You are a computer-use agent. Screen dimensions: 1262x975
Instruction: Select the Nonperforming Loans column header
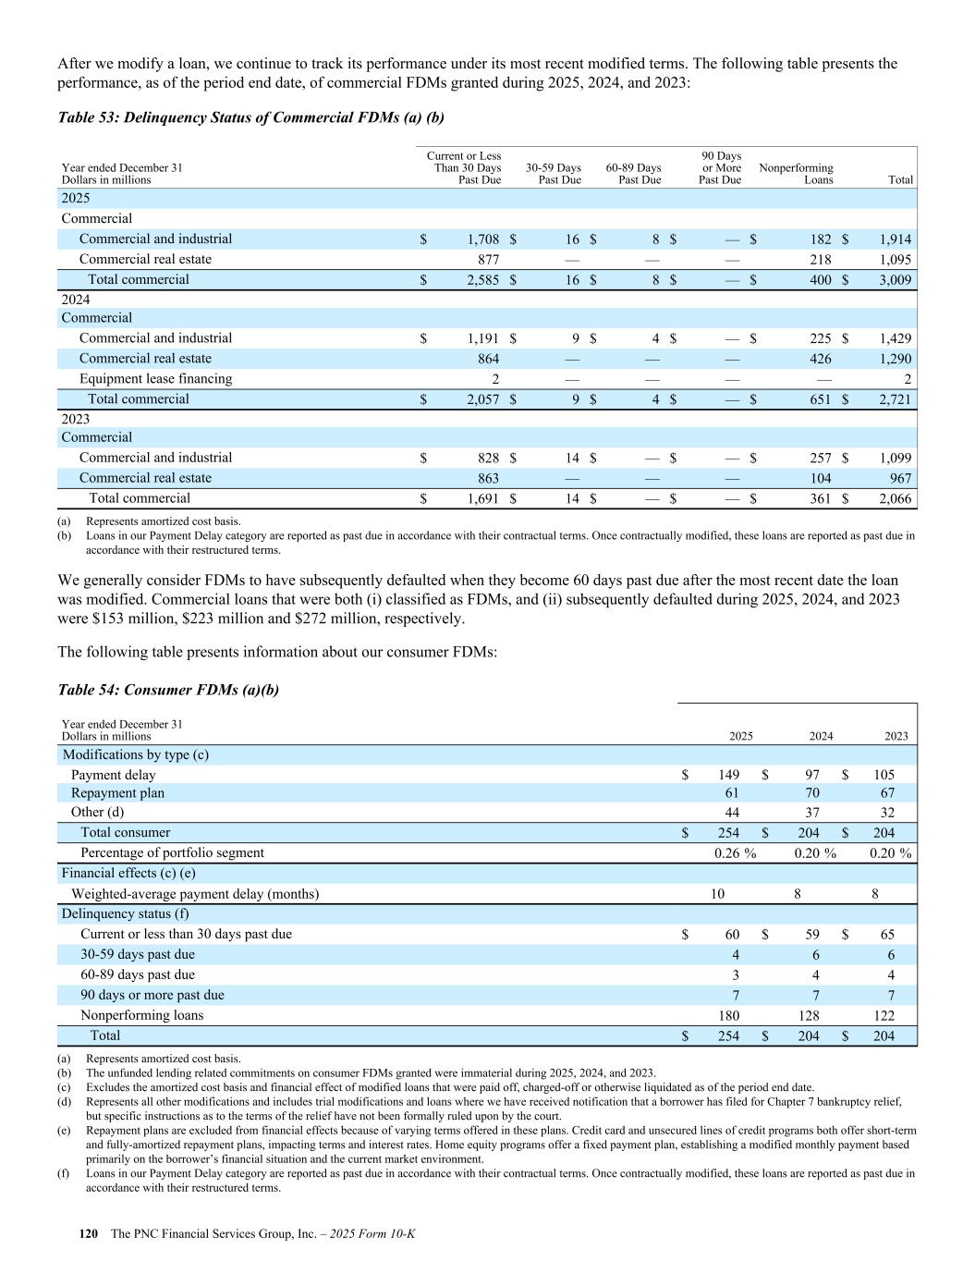coord(796,174)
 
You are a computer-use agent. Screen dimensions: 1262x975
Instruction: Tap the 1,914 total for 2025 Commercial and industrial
coord(896,239)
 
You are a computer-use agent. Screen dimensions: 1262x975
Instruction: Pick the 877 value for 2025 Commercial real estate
coord(488,260)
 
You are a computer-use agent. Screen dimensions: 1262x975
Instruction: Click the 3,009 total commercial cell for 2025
coord(896,280)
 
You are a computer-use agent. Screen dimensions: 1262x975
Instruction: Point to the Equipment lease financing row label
coord(155,379)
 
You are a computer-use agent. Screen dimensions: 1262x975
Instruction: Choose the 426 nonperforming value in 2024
coord(819,359)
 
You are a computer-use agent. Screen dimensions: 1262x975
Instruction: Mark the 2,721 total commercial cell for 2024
coord(896,399)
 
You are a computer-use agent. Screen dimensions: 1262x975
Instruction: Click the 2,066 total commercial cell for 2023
coord(896,499)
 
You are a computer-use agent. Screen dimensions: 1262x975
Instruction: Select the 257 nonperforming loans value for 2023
coord(819,459)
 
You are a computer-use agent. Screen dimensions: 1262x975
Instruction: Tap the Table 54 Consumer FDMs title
coord(168,690)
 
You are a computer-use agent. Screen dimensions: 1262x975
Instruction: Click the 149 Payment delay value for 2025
coord(728,775)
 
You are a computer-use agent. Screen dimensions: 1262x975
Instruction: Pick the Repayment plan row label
coord(117,793)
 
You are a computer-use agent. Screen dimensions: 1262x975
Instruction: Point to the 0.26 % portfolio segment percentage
coord(735,853)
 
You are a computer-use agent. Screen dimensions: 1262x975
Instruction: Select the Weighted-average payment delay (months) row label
coord(195,894)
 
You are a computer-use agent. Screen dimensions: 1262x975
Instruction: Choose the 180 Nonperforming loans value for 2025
coord(728,1015)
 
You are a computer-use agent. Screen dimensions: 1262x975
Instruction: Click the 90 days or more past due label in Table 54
coord(152,995)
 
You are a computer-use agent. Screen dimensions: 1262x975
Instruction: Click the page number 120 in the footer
coord(89,1234)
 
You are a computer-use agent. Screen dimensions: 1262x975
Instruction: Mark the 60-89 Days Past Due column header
coord(634,174)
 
